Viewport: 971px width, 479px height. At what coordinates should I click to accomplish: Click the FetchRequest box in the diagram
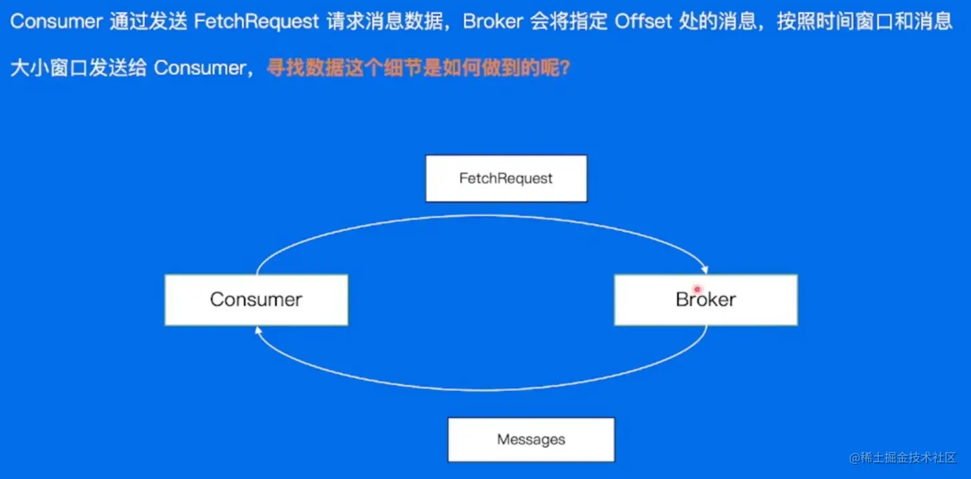pos(506,178)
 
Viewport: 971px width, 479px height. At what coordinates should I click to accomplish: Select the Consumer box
pos(256,300)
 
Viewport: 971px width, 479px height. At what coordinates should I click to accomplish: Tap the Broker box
pos(706,300)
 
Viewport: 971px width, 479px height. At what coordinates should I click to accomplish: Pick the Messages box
pos(531,440)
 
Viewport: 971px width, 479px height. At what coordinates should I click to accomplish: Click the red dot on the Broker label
pos(697,290)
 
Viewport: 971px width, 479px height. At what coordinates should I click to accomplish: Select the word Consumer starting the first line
pos(56,21)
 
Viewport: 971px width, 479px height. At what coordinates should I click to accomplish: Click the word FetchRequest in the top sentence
pos(256,21)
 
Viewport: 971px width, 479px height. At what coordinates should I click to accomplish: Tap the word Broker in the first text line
pos(493,21)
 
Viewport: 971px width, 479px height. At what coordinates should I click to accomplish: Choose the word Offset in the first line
pos(644,21)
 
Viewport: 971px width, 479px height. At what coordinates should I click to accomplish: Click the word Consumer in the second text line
pos(199,69)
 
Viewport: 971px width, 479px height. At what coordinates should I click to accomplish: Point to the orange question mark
pos(564,69)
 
